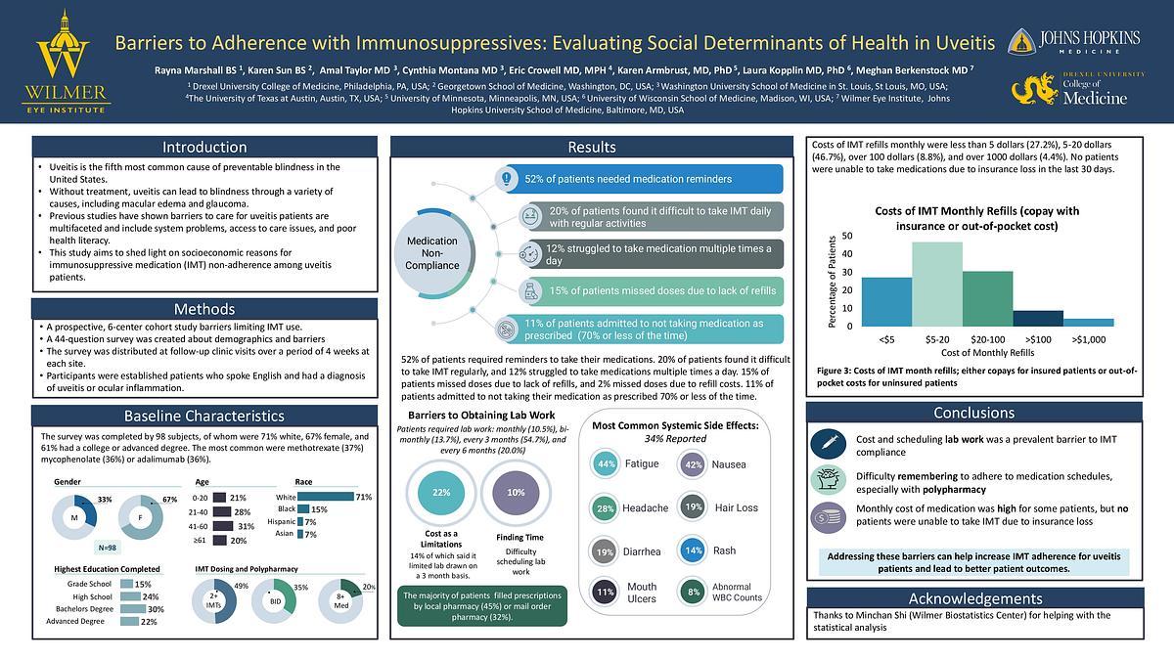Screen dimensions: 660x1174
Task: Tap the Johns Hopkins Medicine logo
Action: click(1075, 42)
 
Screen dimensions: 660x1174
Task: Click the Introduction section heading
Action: click(204, 148)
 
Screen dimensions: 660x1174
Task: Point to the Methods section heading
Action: click(204, 309)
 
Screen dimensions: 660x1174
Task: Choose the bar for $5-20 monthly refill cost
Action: click(937, 284)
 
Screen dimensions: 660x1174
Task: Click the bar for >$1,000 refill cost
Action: click(1089, 322)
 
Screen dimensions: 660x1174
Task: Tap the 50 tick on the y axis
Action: click(846, 236)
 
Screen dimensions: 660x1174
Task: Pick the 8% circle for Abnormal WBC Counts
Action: click(694, 592)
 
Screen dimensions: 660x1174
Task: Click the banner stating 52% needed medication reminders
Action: click(641, 179)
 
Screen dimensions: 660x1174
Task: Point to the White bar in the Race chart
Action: click(326, 497)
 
